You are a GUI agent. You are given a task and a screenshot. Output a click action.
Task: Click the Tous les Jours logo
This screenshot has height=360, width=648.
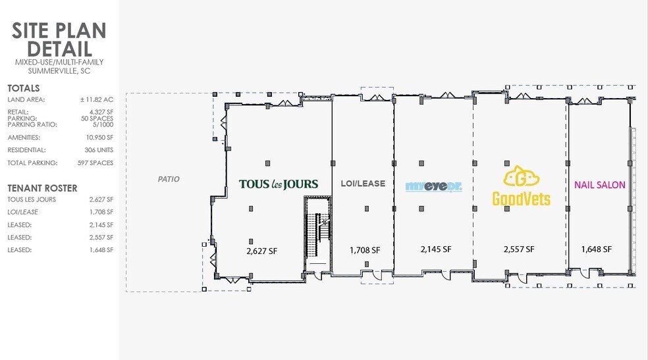pyautogui.click(x=279, y=184)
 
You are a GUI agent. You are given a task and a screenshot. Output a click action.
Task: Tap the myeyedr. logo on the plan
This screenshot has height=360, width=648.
pyautogui.click(x=433, y=187)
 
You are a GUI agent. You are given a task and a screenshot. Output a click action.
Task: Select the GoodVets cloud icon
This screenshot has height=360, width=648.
pyautogui.click(x=521, y=176)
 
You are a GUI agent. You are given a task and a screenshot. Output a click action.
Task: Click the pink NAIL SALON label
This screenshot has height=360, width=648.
pyautogui.click(x=600, y=185)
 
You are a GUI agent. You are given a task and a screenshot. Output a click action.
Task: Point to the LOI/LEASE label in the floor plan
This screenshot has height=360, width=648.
pyautogui.click(x=363, y=184)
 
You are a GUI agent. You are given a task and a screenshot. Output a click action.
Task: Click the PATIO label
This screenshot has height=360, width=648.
pyautogui.click(x=169, y=179)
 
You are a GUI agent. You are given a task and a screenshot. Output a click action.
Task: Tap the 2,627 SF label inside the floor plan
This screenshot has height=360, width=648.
pyautogui.click(x=261, y=251)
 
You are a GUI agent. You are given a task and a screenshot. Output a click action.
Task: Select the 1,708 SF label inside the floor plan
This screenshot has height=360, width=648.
pyautogui.click(x=365, y=250)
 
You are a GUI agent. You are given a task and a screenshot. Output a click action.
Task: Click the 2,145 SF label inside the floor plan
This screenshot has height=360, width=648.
pyautogui.click(x=436, y=249)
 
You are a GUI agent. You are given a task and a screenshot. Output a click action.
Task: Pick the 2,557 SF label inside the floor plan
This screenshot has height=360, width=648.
pyautogui.click(x=519, y=249)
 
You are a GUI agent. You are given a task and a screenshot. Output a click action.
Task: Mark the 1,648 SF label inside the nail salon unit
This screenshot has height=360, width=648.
pyautogui.click(x=597, y=249)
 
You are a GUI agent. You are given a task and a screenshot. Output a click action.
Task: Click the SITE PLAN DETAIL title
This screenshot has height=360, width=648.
pyautogui.click(x=59, y=39)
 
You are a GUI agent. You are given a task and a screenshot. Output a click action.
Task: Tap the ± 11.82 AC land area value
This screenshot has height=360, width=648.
pyautogui.click(x=97, y=99)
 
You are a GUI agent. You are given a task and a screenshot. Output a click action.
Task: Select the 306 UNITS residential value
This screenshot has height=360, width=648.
pyautogui.click(x=99, y=150)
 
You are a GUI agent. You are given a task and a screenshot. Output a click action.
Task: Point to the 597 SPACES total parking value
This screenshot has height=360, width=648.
pyautogui.click(x=95, y=163)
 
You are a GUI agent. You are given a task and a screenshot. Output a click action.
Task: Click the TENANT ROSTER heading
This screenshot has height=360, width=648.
pyautogui.click(x=42, y=188)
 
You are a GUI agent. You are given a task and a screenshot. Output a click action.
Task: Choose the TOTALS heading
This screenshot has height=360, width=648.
pyautogui.click(x=24, y=88)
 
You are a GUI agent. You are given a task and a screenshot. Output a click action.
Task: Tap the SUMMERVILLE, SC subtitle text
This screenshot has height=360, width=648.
pyautogui.click(x=59, y=71)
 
